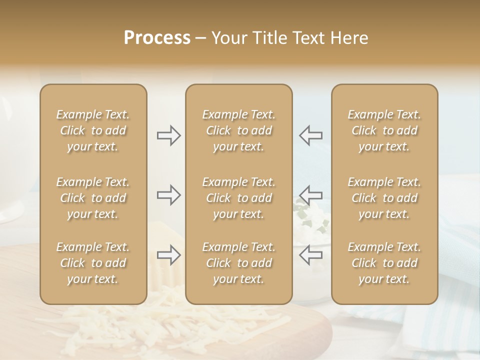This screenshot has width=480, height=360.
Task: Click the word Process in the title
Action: (157, 38)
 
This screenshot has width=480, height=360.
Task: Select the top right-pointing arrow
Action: (168, 135)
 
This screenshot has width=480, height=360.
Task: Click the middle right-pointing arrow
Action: (168, 194)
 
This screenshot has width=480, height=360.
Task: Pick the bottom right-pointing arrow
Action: (168, 255)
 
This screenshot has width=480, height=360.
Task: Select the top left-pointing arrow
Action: (311, 135)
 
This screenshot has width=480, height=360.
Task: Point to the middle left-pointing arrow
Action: (311, 194)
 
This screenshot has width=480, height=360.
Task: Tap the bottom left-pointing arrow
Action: (311, 255)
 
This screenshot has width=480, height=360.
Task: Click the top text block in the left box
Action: (93, 130)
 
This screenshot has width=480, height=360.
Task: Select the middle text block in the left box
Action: (93, 198)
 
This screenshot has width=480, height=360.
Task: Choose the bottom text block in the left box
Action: (93, 263)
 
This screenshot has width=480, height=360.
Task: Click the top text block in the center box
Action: (239, 130)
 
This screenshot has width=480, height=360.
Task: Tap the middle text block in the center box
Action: (239, 198)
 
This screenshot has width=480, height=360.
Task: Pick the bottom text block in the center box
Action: (239, 263)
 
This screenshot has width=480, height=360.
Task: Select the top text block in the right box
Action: (384, 130)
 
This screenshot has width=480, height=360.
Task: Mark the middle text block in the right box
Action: (384, 198)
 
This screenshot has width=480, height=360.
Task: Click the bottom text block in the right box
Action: (384, 263)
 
